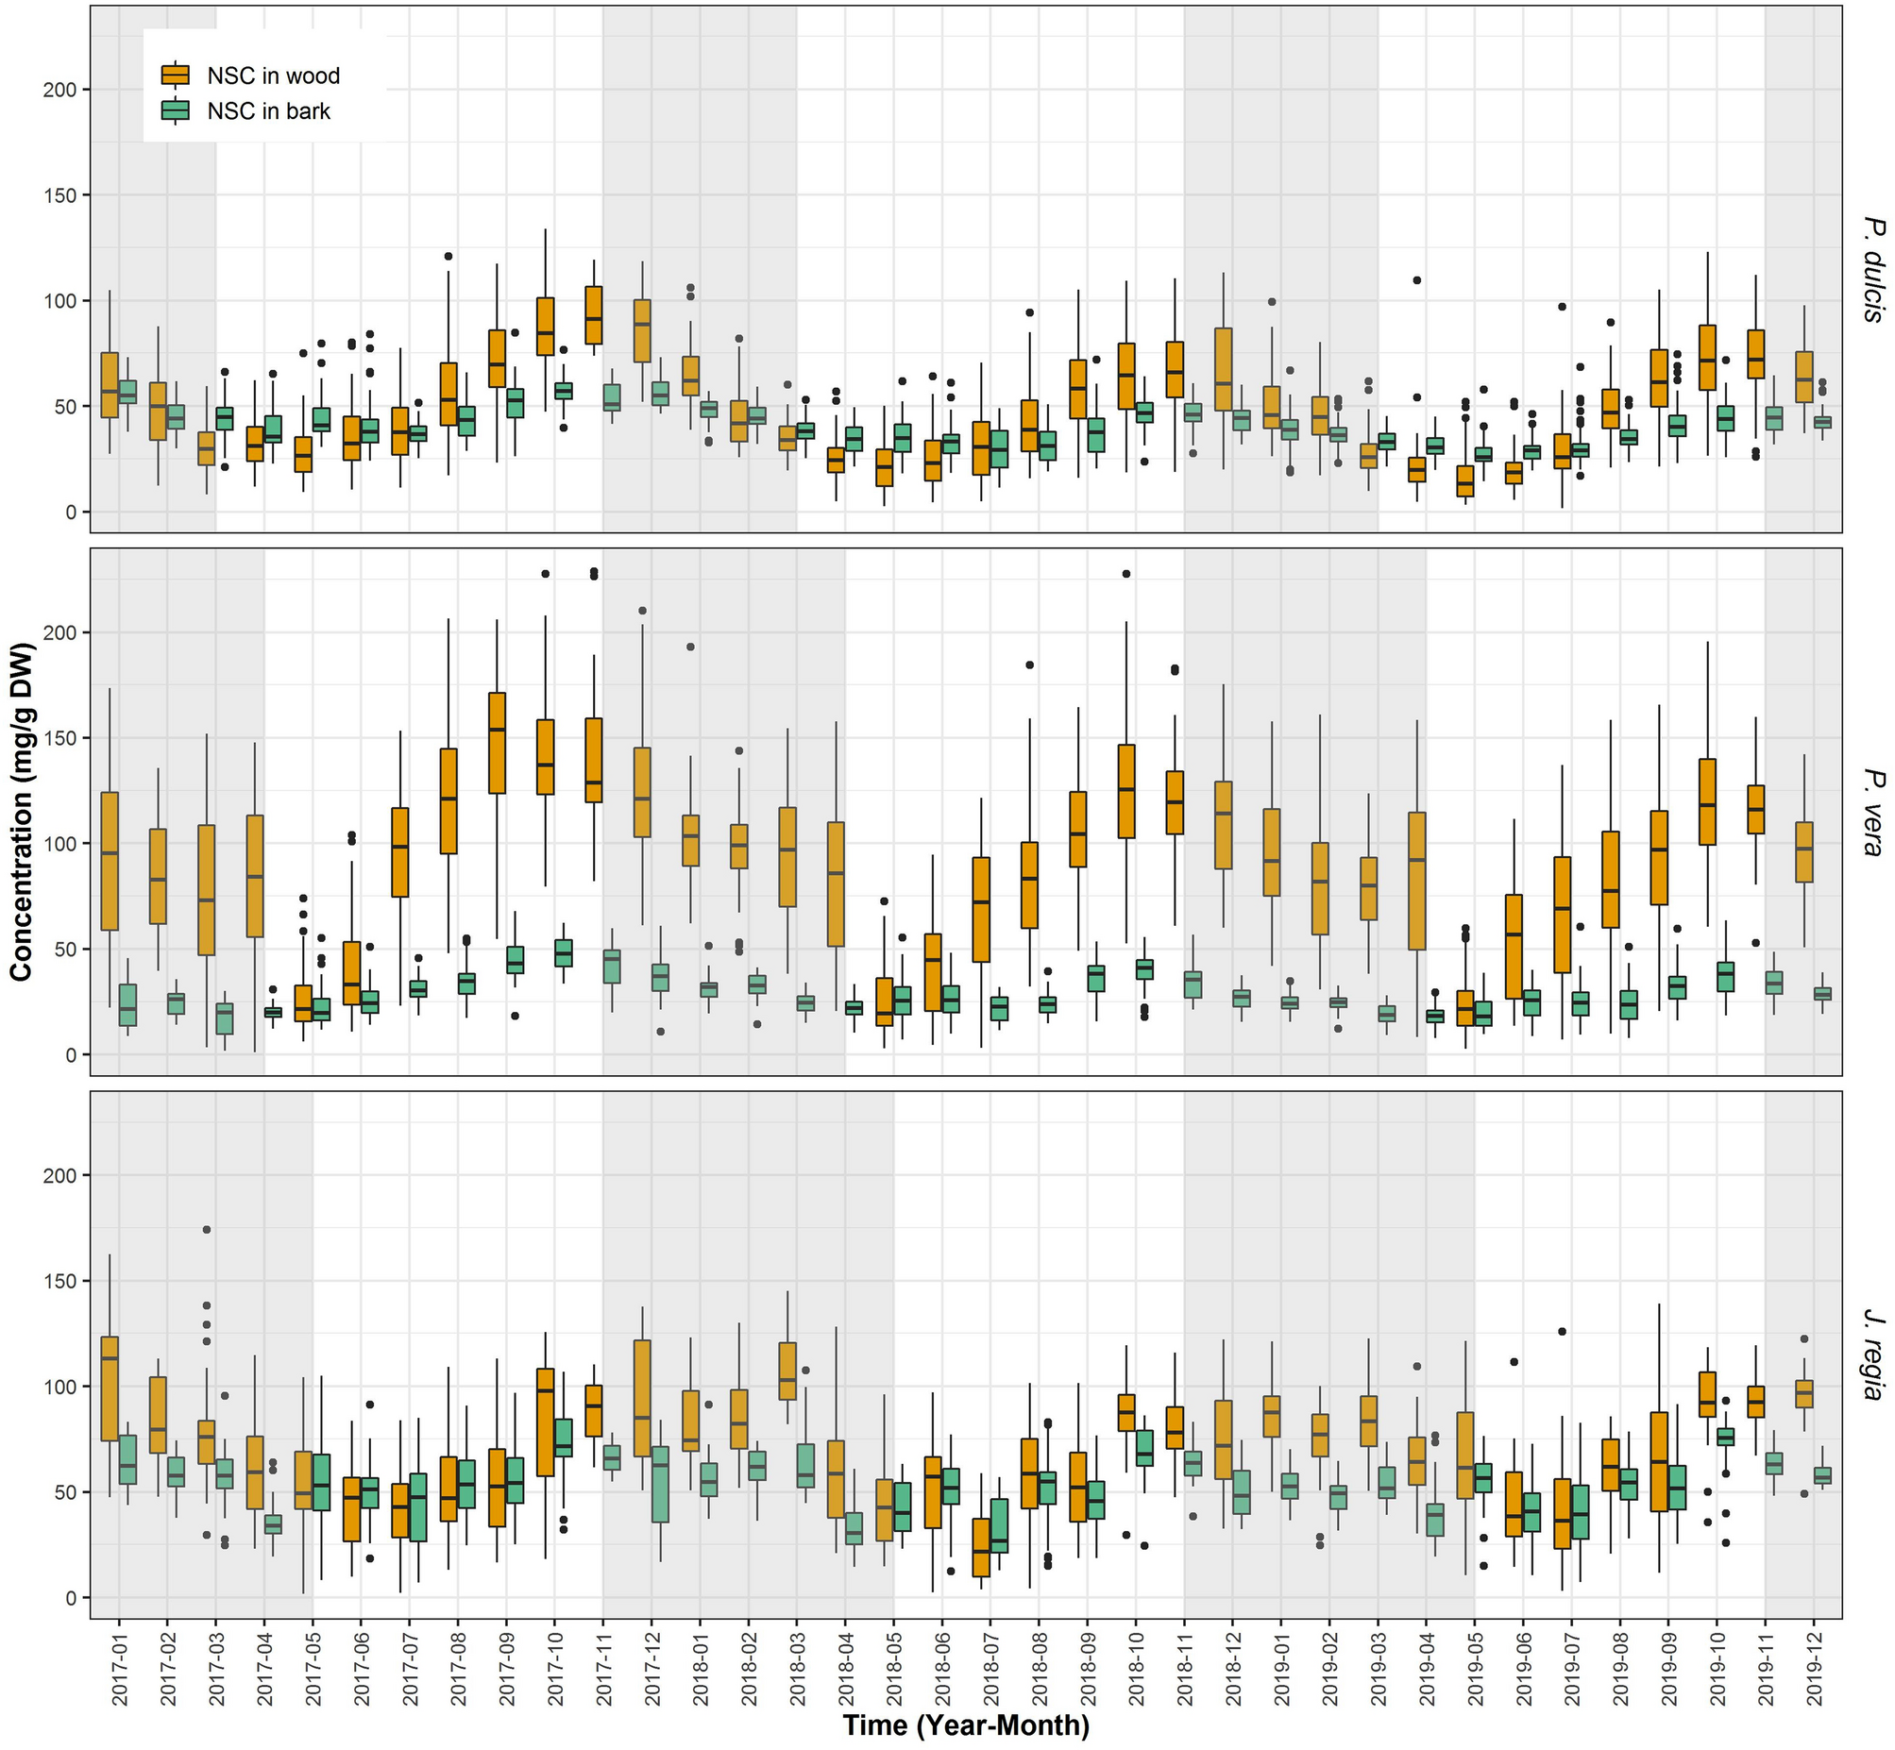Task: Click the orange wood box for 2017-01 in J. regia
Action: coord(110,1388)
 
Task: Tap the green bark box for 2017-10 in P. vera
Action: coord(564,952)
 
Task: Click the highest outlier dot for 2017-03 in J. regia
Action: coord(207,1229)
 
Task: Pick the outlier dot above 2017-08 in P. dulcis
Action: coord(448,256)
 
